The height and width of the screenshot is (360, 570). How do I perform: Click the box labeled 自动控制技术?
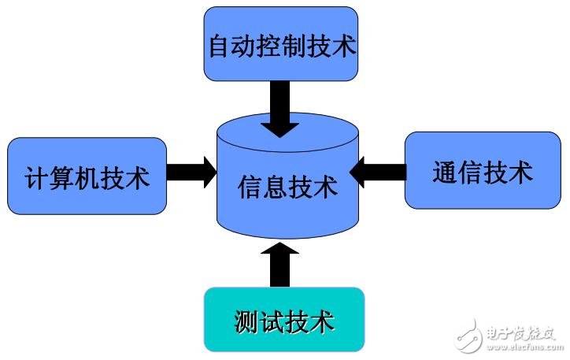pyautogui.click(x=280, y=44)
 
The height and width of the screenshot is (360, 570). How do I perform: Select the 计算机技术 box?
pyautogui.click(x=87, y=176)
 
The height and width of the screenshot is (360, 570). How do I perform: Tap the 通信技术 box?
pyautogui.click(x=482, y=170)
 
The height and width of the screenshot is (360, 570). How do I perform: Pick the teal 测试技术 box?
pyautogui.click(x=284, y=320)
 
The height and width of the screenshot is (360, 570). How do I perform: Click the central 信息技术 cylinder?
pyautogui.click(x=287, y=187)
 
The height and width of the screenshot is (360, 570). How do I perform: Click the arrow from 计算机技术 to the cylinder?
pyautogui.click(x=192, y=172)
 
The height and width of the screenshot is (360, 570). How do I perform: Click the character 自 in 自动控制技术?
pyautogui.click(x=220, y=45)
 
